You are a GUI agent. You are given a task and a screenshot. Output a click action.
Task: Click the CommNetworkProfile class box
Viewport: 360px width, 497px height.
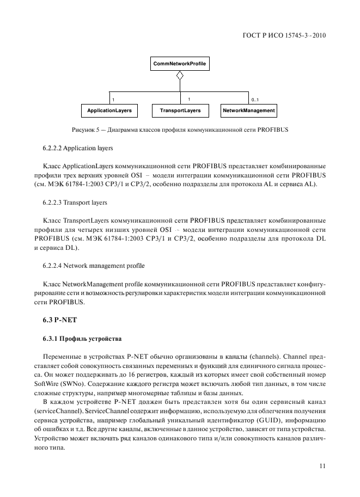(180, 64)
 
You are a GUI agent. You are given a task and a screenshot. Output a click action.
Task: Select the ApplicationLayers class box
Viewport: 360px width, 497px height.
(109, 111)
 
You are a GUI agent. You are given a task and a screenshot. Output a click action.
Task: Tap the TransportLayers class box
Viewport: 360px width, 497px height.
(180, 111)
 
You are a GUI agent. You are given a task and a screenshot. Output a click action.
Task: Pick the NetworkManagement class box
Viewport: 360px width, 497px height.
(249, 111)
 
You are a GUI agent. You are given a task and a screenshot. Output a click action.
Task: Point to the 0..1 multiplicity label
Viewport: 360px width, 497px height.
(255, 100)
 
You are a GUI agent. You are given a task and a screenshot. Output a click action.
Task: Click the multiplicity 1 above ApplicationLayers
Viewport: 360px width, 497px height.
(113, 100)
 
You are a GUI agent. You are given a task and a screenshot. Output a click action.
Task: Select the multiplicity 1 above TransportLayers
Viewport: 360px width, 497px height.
(188, 99)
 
